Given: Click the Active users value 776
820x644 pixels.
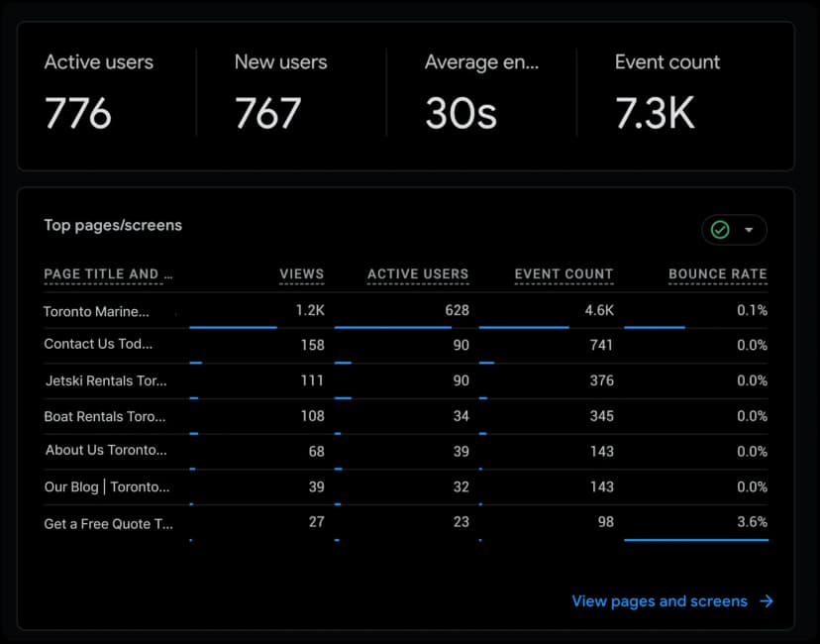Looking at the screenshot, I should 78,114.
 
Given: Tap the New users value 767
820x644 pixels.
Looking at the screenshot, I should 267,114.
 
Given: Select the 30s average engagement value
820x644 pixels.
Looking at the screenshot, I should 461,114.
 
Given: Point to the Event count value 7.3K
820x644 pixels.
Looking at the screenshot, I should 655,114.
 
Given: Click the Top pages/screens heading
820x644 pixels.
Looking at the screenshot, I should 113,225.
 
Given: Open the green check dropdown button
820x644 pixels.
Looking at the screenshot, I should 734,230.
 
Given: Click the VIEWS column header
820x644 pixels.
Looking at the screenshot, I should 301,274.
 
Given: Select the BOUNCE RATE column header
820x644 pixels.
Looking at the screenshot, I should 717,274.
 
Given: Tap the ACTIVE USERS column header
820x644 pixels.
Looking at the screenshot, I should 418,274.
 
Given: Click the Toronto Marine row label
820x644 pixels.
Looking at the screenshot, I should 96,311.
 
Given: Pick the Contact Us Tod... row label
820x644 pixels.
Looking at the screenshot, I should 99,345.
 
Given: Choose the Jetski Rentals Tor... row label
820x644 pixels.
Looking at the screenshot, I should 106,380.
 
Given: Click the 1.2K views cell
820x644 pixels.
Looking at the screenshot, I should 310,310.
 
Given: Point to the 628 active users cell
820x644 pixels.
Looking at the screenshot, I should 457,310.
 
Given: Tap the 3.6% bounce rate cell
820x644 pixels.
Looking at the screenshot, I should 751,521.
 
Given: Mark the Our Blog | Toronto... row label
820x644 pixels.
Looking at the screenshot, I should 107,486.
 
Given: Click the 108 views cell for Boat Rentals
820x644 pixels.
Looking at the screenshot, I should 312,416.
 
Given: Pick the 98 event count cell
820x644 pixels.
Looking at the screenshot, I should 604,521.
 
